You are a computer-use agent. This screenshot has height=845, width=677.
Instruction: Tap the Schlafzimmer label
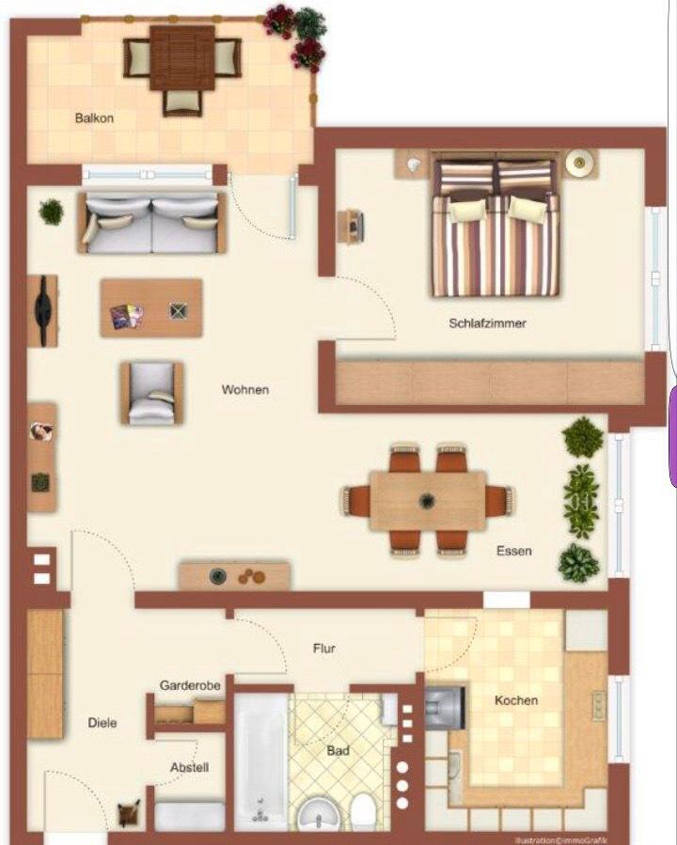[487, 323]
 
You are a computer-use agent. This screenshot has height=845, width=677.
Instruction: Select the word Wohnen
[245, 389]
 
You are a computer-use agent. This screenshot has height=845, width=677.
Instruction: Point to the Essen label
[513, 551]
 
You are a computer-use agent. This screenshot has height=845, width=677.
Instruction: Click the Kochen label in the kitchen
[516, 700]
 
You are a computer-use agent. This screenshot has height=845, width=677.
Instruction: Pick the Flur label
[324, 649]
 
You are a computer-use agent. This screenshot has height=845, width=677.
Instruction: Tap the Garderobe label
[190, 686]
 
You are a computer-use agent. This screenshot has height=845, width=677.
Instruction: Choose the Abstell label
[189, 767]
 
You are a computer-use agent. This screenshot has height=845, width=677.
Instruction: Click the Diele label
[102, 723]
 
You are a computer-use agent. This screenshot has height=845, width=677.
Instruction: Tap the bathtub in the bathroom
[260, 762]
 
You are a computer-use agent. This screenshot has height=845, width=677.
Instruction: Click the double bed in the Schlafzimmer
[496, 229]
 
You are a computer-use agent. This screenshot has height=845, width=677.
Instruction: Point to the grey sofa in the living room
[152, 223]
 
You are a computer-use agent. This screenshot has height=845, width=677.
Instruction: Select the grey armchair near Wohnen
[151, 394]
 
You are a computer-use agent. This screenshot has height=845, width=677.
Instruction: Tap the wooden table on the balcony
[182, 56]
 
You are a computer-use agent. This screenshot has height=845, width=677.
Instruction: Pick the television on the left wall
[41, 310]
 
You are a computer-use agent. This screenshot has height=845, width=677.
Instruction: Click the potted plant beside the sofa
[52, 211]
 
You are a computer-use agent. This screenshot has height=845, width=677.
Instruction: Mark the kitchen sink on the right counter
[598, 705]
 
